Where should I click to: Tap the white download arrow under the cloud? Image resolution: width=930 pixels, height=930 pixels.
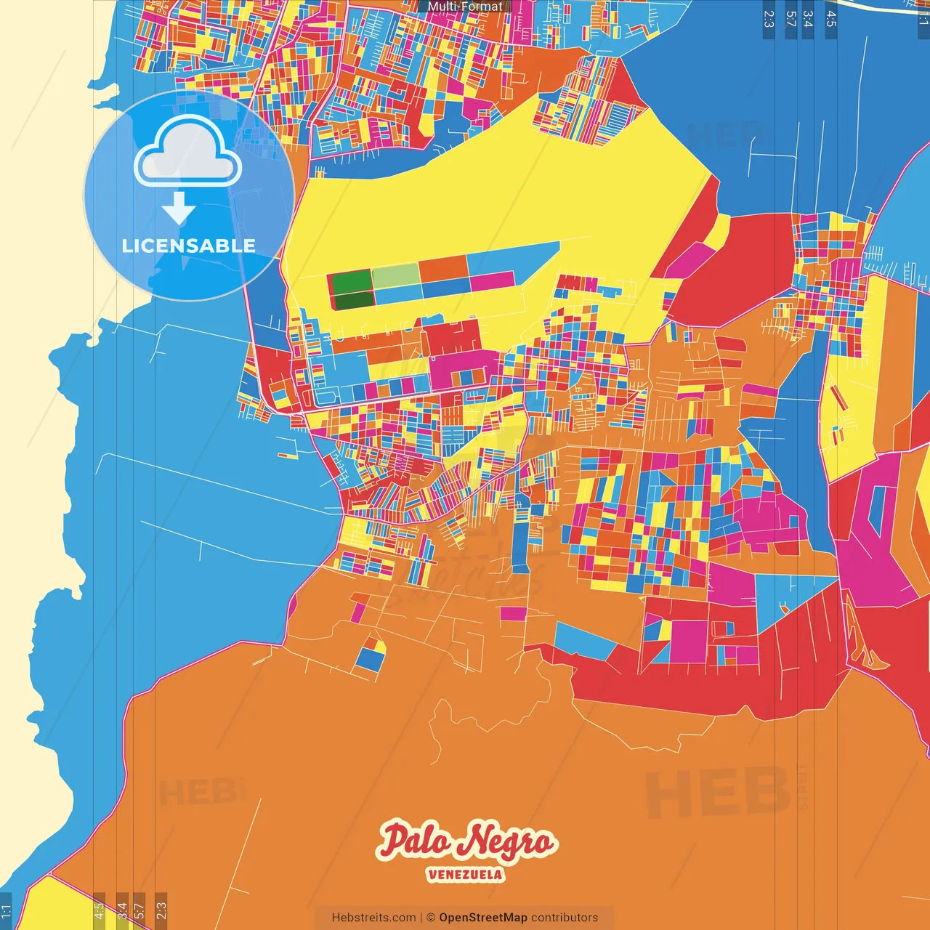click(178, 209)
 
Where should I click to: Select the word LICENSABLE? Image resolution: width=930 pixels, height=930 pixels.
click(189, 246)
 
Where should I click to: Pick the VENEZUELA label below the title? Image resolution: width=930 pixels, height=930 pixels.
click(465, 874)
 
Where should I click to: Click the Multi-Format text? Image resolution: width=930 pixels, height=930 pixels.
click(465, 7)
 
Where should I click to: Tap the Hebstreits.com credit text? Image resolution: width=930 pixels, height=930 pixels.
click(373, 918)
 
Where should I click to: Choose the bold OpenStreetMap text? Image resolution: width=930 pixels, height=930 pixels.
click(483, 918)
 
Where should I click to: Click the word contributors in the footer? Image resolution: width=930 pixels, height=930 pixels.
click(565, 918)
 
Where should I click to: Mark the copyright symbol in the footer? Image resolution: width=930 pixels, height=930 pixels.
click(431, 918)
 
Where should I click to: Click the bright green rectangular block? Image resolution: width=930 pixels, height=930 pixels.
click(350, 282)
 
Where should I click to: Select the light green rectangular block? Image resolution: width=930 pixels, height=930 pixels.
click(396, 275)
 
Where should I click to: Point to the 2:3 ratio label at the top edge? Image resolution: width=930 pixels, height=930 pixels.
click(769, 19)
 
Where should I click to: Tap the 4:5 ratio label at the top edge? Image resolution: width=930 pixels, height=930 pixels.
click(831, 19)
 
